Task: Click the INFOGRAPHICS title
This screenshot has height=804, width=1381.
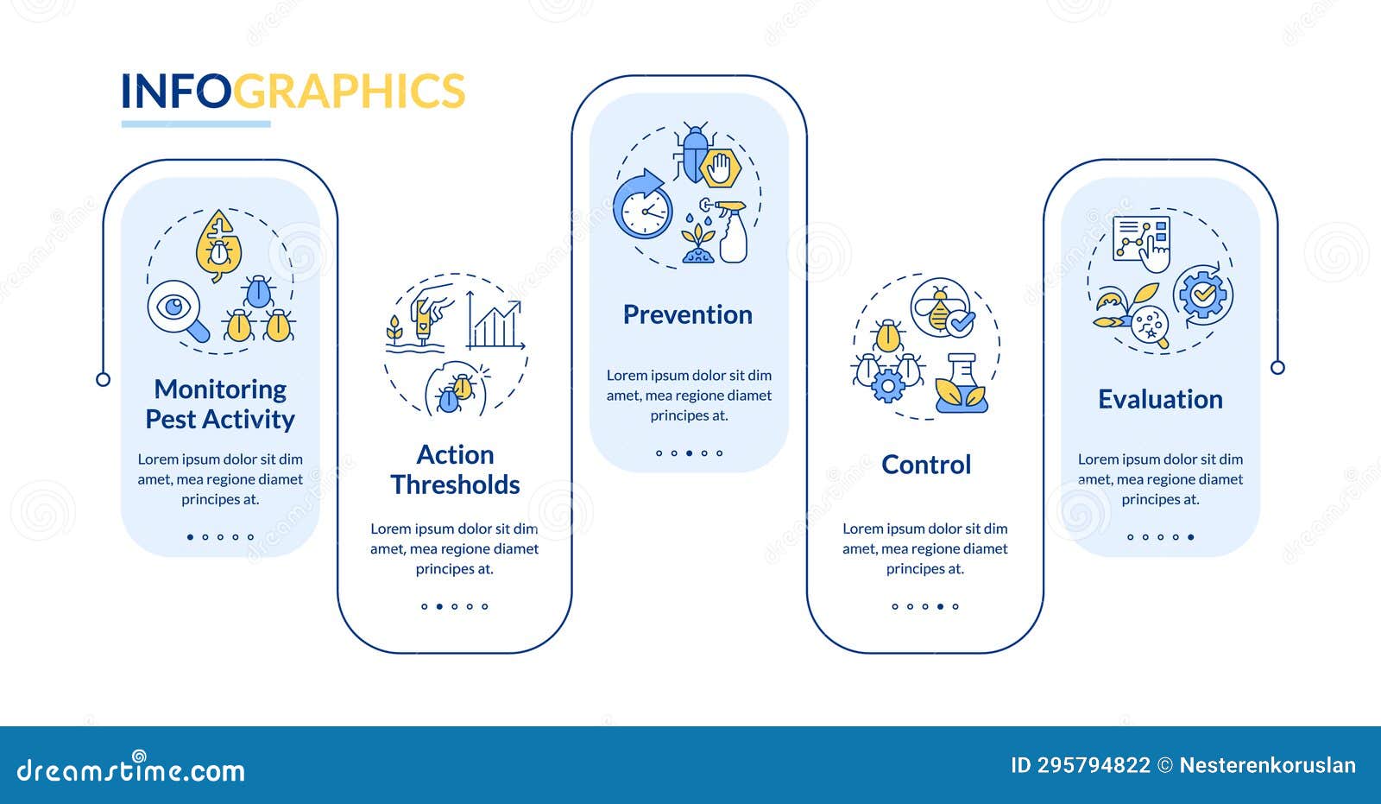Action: tap(293, 91)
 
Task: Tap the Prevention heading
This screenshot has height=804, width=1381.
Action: tap(687, 314)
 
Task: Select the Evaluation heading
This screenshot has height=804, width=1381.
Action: tap(1160, 399)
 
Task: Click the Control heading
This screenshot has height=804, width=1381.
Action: tap(926, 465)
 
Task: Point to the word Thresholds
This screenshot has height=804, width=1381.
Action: tap(455, 485)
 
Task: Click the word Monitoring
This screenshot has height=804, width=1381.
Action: tap(220, 390)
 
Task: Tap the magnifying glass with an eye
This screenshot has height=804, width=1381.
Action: tap(178, 311)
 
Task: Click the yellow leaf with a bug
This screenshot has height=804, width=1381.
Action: tap(218, 245)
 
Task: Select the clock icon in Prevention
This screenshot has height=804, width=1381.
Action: tap(643, 205)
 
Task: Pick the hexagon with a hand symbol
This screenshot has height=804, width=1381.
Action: tap(721, 168)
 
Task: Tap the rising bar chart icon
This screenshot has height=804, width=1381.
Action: tap(495, 321)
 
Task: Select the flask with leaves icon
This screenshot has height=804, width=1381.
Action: tap(962, 383)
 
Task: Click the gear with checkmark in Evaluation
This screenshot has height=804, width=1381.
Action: tap(1203, 295)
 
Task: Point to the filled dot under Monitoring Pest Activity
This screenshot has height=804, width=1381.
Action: tap(190, 537)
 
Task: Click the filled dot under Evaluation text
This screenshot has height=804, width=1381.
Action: tap(1190, 537)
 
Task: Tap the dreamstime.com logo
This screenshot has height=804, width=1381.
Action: tap(130, 768)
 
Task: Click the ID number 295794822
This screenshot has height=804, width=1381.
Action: tap(1094, 766)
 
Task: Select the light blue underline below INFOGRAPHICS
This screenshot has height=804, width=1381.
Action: tap(196, 124)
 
